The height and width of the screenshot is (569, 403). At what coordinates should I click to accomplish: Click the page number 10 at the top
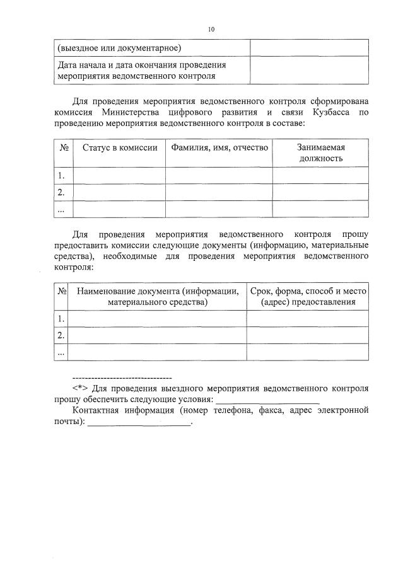[x=211, y=29]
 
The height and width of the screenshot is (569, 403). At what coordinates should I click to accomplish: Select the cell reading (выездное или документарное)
[x=119, y=47]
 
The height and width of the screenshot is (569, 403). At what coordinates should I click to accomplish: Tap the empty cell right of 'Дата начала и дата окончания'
[x=309, y=70]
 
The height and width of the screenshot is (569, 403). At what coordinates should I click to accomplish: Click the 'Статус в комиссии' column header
[x=120, y=147]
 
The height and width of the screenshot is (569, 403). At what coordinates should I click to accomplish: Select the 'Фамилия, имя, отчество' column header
[x=219, y=147]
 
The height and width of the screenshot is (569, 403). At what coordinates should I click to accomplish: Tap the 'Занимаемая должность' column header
[x=321, y=152]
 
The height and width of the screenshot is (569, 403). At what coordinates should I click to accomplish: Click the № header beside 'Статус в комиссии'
[x=64, y=147]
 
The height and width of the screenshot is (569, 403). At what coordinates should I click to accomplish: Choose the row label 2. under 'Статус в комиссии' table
[x=62, y=192]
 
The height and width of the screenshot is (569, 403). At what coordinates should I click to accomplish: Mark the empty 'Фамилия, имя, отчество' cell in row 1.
[x=219, y=175]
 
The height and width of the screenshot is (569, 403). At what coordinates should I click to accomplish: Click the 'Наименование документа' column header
[x=157, y=296]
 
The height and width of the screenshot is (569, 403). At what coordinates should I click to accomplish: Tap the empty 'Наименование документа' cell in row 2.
[x=157, y=335]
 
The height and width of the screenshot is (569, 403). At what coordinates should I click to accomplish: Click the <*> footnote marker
[x=79, y=388]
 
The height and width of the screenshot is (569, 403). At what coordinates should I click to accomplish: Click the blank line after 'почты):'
[x=139, y=423]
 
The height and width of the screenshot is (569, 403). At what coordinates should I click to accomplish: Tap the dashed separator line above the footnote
[x=122, y=377]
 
